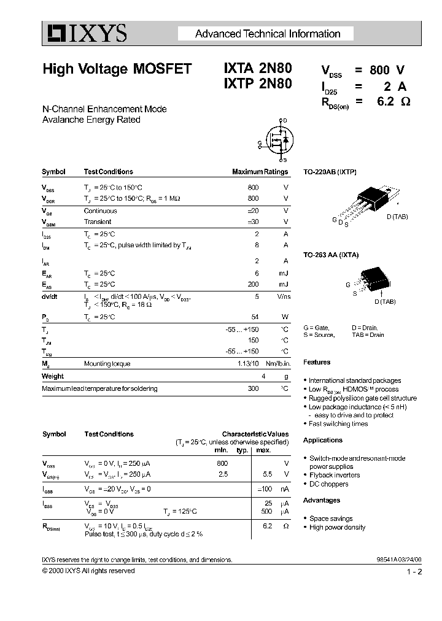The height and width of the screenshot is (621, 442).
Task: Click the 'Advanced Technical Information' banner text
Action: point(267,34)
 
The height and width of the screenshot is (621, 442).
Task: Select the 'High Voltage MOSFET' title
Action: point(117,69)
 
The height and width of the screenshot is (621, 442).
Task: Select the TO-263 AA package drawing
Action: point(372,280)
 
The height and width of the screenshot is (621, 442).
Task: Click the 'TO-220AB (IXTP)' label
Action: point(330,172)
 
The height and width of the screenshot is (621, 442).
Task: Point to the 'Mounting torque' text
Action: point(107,364)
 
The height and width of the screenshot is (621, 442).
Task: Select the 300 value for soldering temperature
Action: point(253,388)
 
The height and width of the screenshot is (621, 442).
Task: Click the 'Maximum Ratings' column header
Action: point(260,172)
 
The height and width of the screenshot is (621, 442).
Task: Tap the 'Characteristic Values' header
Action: point(255,434)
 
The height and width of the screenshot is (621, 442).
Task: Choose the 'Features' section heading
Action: point(317,362)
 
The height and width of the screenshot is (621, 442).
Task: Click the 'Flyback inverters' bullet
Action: point(335,475)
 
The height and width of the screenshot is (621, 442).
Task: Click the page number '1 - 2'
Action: point(414,572)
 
